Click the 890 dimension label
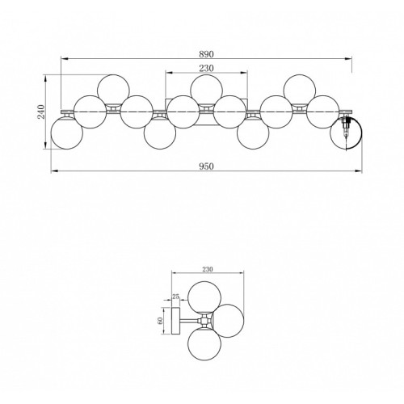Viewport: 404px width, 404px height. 206,54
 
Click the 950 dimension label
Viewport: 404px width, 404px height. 206,166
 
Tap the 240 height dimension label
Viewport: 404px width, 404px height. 41,112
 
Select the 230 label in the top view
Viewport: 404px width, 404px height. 206,68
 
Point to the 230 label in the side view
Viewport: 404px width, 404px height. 208,269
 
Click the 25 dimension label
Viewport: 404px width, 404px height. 175,297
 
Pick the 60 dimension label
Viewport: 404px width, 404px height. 160,321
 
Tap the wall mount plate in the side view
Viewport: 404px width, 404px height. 176,321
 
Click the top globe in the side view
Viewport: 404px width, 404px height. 204,297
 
